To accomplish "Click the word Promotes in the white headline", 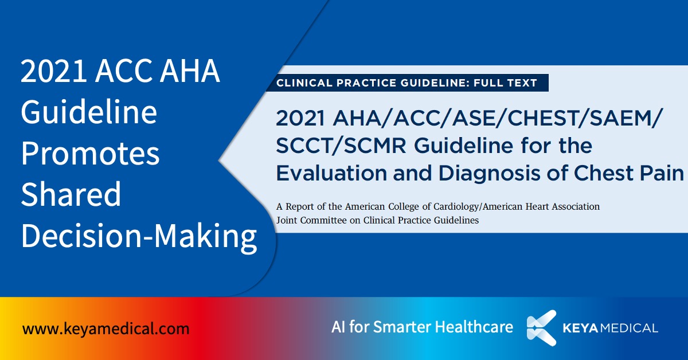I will click(90, 153).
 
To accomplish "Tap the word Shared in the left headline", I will click(71, 194).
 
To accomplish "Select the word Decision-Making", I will click(139, 236).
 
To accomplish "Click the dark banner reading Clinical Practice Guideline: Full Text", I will click(406, 83).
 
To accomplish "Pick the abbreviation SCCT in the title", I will click(306, 146).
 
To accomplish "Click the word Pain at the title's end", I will click(662, 173).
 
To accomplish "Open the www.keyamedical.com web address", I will click(105, 329).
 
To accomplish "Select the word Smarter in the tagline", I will click(402, 327).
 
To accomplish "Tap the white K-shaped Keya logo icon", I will click(542, 328).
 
